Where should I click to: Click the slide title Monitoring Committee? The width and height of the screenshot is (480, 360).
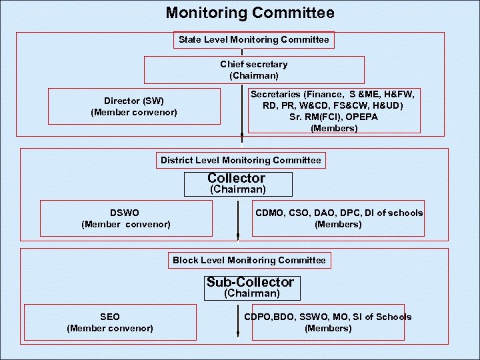pyautogui.click(x=250, y=13)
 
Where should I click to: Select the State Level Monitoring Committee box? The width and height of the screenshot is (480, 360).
pyautogui.click(x=253, y=40)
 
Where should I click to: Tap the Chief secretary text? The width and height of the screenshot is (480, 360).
pyautogui.click(x=254, y=65)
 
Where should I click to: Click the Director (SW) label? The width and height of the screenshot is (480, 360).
pyautogui.click(x=134, y=101)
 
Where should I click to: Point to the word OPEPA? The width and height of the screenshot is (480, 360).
pyautogui.click(x=362, y=117)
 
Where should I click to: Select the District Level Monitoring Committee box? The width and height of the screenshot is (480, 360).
pyautogui.click(x=241, y=160)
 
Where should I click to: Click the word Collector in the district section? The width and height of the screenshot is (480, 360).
pyautogui.click(x=237, y=178)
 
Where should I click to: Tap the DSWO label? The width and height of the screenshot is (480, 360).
pyautogui.click(x=125, y=213)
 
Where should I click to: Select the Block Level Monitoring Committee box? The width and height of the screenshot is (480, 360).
pyautogui.click(x=249, y=260)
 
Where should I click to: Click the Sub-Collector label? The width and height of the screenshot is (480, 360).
pyautogui.click(x=250, y=282)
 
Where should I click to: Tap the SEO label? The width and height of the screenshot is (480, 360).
pyautogui.click(x=110, y=317)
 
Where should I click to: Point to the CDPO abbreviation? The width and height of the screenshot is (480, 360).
pyautogui.click(x=260, y=317)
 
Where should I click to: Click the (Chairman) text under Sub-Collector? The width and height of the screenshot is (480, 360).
pyautogui.click(x=252, y=293)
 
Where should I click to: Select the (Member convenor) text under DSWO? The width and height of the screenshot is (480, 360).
pyautogui.click(x=126, y=224)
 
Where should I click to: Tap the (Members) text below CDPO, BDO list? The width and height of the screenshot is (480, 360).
pyautogui.click(x=328, y=328)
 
